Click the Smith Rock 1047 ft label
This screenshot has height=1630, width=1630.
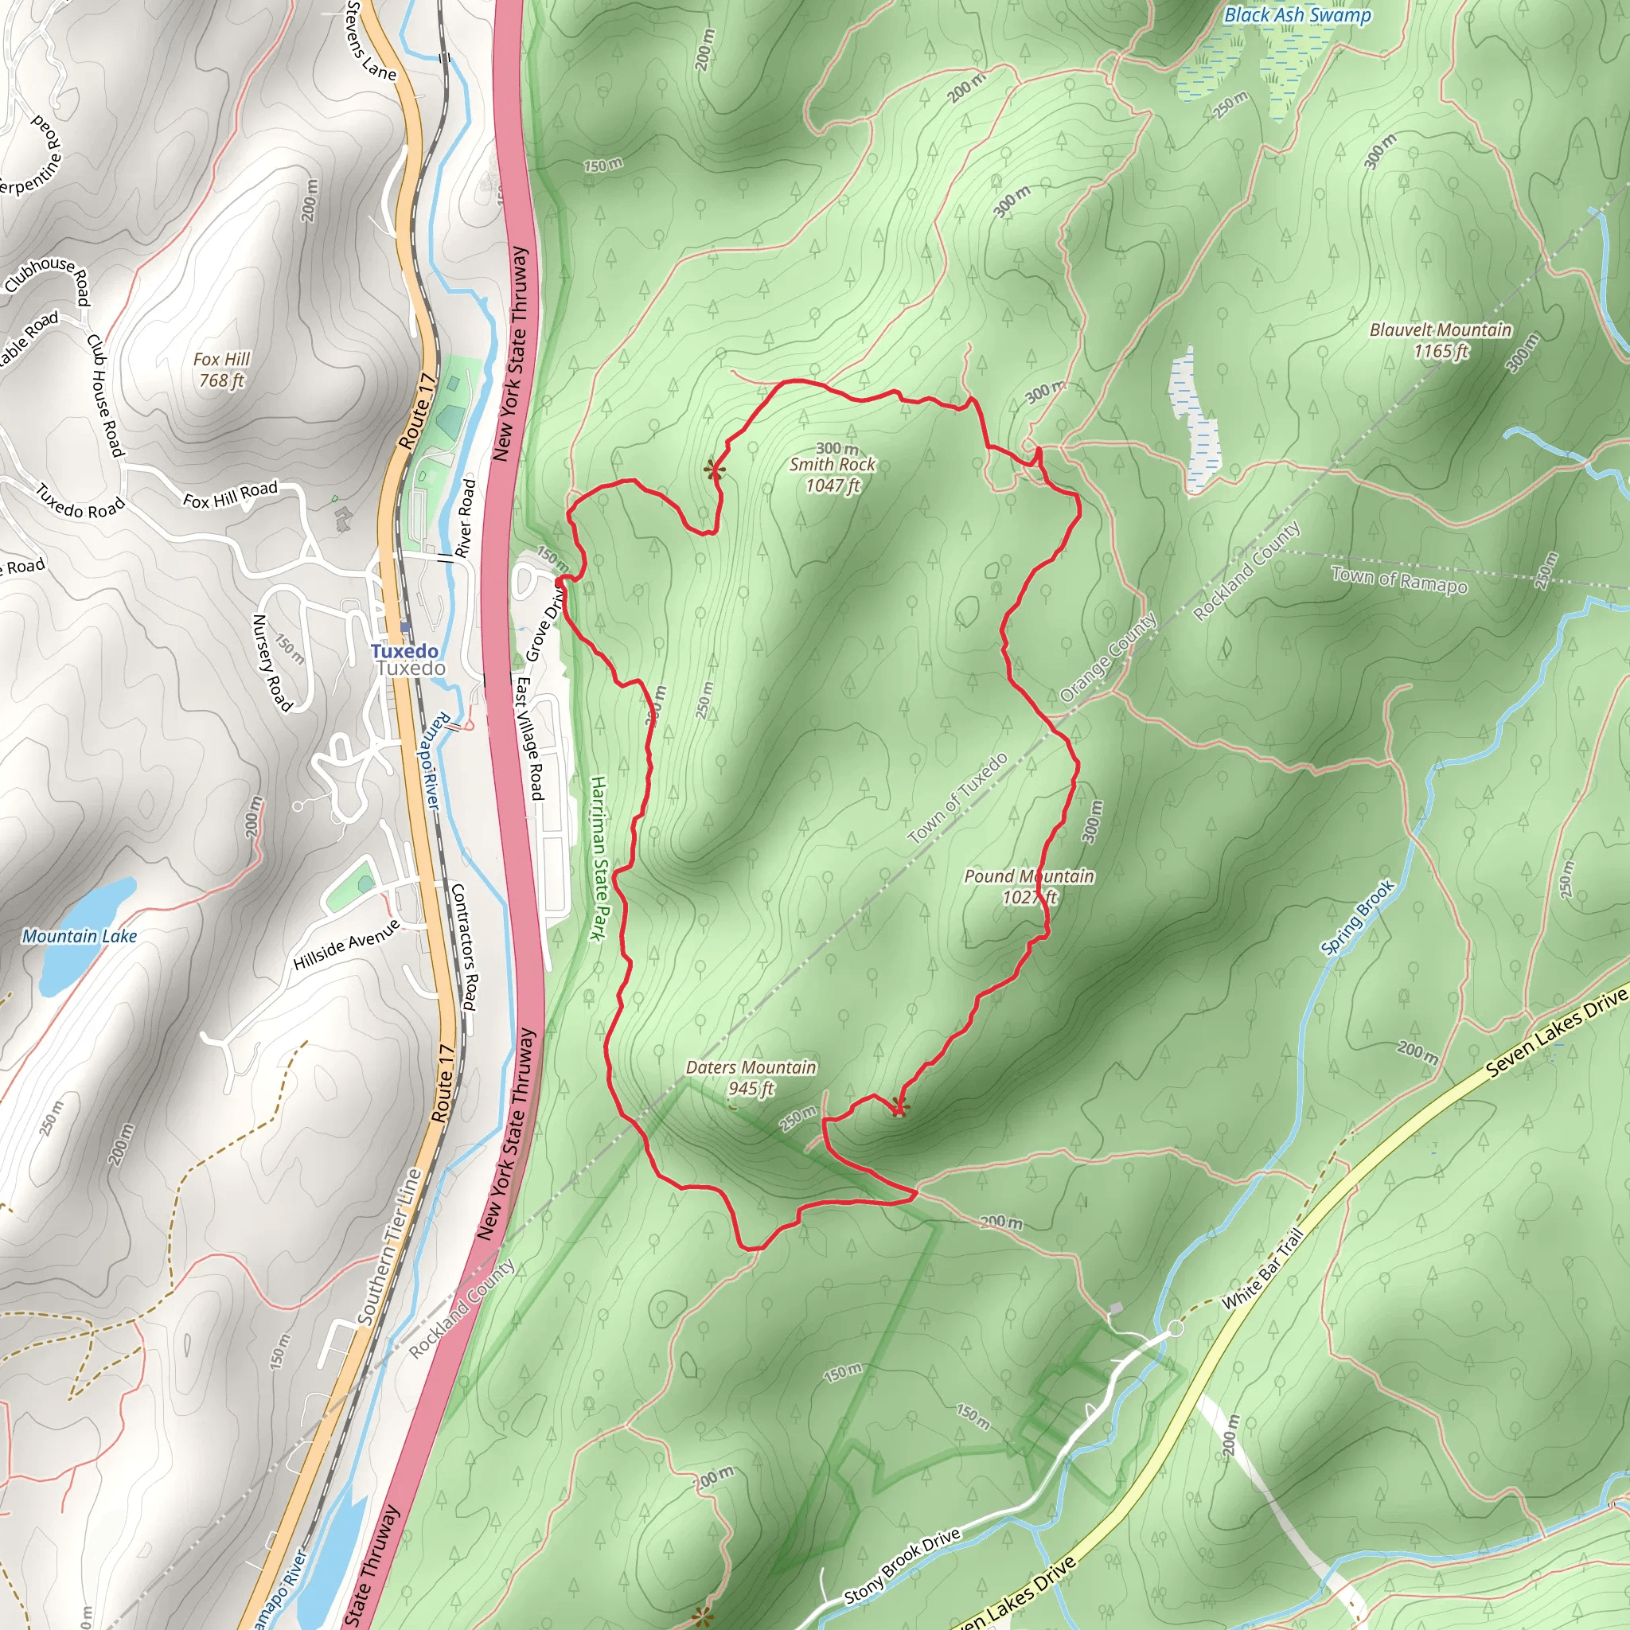[x=832, y=474]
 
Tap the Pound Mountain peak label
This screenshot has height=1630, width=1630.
[x=1028, y=886]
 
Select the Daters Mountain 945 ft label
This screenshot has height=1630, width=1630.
[x=751, y=1078]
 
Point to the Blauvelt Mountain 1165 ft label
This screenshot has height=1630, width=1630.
[x=1440, y=340]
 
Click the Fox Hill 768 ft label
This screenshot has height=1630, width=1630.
[x=222, y=369]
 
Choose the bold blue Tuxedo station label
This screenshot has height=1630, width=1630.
[x=404, y=650]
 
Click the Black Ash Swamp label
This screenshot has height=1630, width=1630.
[x=1297, y=14]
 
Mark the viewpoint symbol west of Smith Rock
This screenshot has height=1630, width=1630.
[x=715, y=469]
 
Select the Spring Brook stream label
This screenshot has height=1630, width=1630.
[x=1358, y=918]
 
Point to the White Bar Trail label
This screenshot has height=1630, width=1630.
[x=1262, y=1269]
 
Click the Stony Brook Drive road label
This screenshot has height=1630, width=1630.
[x=902, y=1566]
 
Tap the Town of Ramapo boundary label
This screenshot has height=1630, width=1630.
[x=1399, y=579]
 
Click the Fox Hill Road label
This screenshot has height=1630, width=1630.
[x=230, y=494]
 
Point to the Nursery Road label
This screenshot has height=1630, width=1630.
[x=271, y=662]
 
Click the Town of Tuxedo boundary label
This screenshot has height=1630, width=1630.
[x=957, y=798]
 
